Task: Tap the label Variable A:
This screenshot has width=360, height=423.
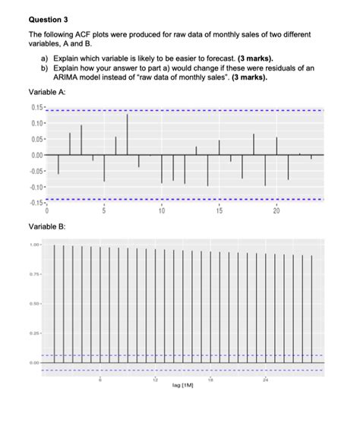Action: pyautogui.click(x=47, y=93)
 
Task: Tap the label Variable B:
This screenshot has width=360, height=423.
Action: pyautogui.click(x=47, y=226)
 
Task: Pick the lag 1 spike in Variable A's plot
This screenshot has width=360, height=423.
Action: pyautogui.click(x=58, y=164)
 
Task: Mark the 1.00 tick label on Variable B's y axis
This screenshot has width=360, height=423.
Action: pyautogui.click(x=34, y=245)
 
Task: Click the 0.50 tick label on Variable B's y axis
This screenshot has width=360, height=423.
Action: pyautogui.click(x=34, y=304)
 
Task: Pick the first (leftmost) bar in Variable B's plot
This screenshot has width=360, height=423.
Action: pyautogui.click(x=54, y=304)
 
